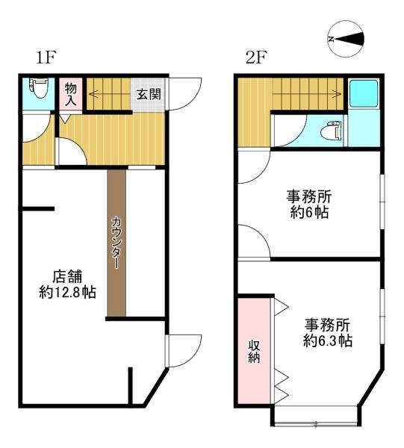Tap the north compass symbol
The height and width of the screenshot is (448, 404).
(346, 40)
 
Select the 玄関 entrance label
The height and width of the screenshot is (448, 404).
(146, 94)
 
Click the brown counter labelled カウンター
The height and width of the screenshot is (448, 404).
(117, 243)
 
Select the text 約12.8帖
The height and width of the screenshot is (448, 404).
(67, 292)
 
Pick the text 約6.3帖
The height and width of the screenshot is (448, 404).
(328, 341)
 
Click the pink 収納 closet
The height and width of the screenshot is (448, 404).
(253, 351)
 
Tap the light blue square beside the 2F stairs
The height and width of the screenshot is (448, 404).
(364, 94)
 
